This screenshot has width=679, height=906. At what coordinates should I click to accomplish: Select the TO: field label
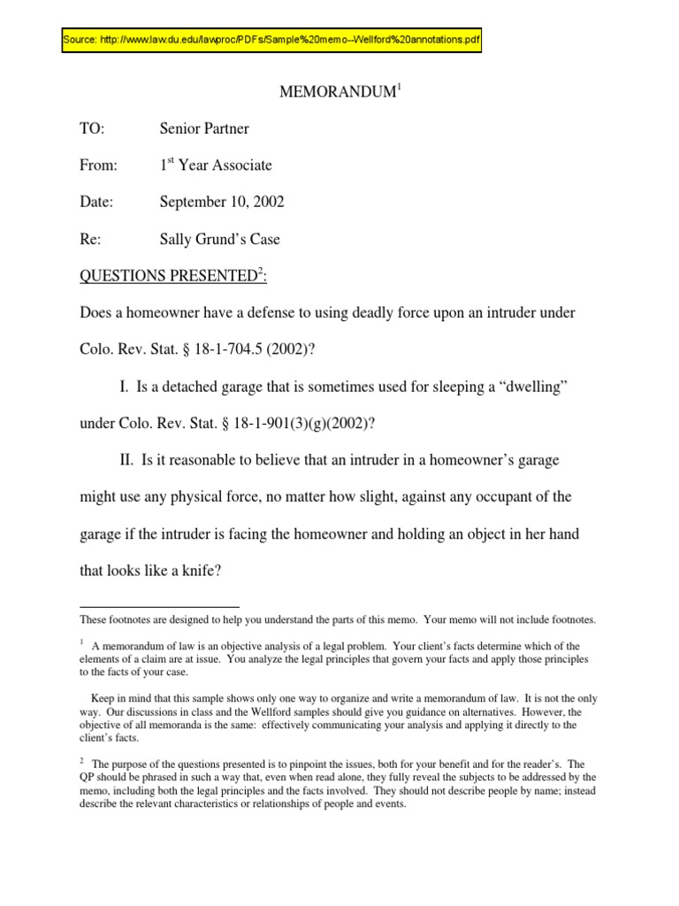pyautogui.click(x=92, y=129)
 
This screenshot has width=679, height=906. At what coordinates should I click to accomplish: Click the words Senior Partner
pyautogui.click(x=204, y=129)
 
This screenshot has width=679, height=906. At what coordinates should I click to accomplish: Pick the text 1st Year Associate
pyautogui.click(x=216, y=165)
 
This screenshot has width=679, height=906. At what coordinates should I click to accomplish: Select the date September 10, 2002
pyautogui.click(x=222, y=203)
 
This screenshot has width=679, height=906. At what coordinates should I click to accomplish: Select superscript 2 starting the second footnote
pyautogui.click(x=81, y=761)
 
